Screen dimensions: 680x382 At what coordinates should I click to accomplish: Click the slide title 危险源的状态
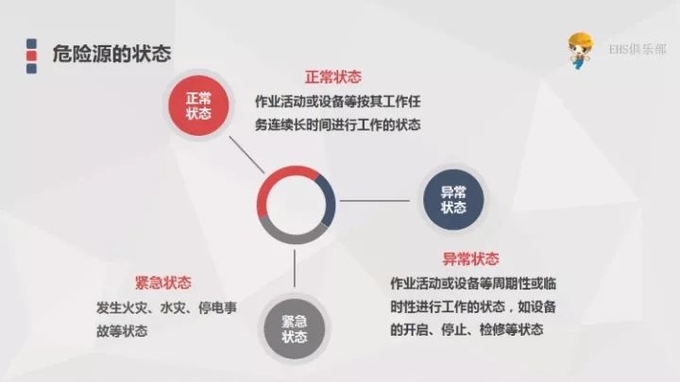(111, 54)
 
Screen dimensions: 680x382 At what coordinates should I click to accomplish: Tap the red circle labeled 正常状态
(198, 106)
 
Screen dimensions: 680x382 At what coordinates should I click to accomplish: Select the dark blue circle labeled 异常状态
(453, 200)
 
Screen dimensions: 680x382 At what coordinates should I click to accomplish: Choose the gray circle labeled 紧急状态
(295, 329)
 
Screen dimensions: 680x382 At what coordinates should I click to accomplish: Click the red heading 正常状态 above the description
(333, 77)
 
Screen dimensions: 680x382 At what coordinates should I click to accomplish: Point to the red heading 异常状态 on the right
(470, 259)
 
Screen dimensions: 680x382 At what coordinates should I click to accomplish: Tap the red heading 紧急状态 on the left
(163, 283)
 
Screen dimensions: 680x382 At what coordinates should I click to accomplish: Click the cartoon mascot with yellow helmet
(580, 50)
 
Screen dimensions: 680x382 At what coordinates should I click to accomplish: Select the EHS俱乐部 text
(637, 49)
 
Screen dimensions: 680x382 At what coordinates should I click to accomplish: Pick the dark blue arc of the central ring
(330, 200)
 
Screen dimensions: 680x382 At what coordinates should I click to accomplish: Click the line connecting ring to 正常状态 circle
(246, 155)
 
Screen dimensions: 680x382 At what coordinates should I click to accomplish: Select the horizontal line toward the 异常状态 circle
(375, 201)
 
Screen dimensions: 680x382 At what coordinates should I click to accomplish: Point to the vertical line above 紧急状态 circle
(295, 268)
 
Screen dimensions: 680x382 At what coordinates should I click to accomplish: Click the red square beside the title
(31, 56)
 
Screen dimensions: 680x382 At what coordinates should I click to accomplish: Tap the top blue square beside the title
(31, 43)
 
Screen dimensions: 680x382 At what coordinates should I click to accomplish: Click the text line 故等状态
(122, 331)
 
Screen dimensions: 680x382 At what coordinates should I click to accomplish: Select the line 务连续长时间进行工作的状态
(338, 125)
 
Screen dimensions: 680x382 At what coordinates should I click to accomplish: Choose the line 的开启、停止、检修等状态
(467, 330)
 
